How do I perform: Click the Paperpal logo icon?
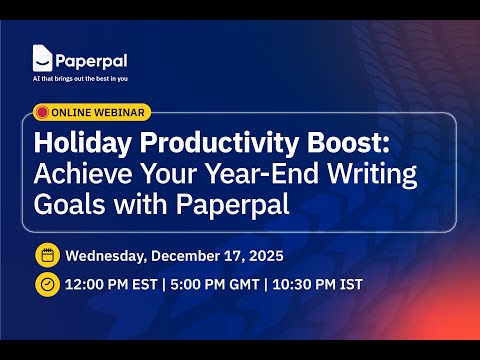43,59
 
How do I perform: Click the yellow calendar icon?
46,253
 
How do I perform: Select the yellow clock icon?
46,284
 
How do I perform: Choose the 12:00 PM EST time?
114,285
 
